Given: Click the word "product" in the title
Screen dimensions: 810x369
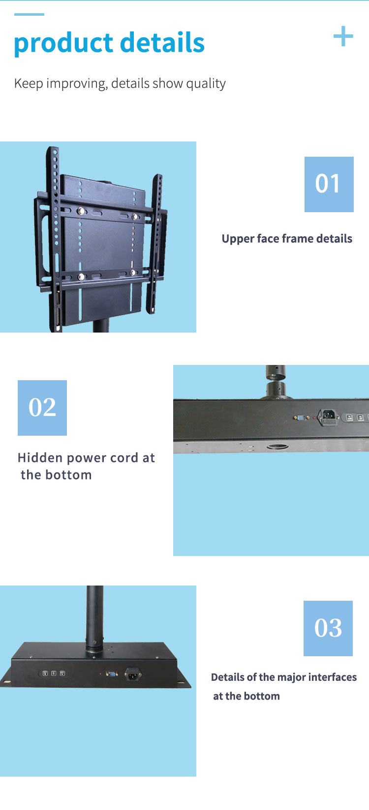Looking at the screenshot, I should click(63, 43).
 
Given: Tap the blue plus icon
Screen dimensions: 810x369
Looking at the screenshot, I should click(343, 36).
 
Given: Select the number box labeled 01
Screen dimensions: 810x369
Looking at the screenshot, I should click(329, 184).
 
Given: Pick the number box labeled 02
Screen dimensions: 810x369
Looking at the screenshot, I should click(42, 408).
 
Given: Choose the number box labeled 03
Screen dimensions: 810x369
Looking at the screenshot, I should click(328, 628).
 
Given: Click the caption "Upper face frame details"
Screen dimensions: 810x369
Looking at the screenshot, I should click(287, 239).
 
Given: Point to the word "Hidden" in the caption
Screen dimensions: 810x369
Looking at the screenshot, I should click(40, 458).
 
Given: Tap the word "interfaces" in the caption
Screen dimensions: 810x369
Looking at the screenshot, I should click(332, 677).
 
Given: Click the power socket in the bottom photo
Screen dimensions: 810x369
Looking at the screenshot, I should click(132, 674).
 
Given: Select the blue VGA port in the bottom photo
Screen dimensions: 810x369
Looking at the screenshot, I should click(112, 674).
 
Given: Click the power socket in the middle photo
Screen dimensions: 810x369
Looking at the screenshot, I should click(329, 418).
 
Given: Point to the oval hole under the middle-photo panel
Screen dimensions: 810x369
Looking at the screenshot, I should click(278, 447).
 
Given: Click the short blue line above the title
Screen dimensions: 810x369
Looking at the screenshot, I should click(29, 14).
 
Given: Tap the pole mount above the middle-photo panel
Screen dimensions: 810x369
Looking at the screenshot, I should click(276, 383).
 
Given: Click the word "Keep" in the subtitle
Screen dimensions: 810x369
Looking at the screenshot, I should click(29, 84).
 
